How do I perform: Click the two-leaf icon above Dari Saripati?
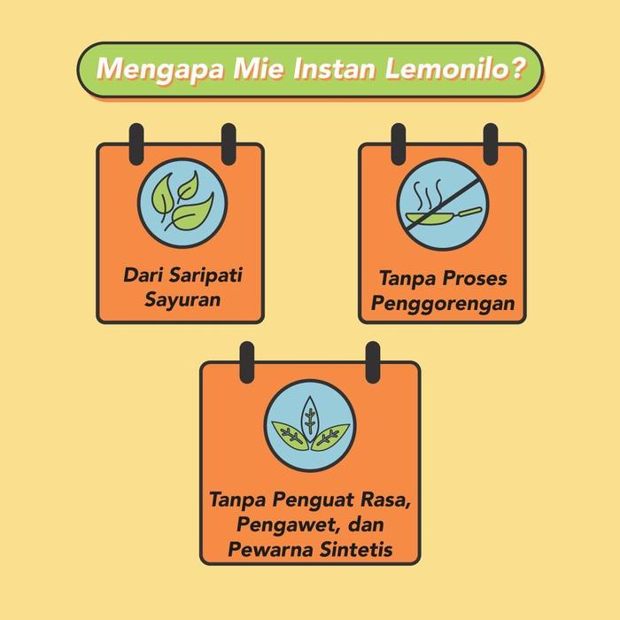[x=182, y=202]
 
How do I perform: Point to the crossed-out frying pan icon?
[x=440, y=203]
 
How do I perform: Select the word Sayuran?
[x=182, y=298]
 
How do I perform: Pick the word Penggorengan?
[x=443, y=304]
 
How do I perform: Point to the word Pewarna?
[x=265, y=549]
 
